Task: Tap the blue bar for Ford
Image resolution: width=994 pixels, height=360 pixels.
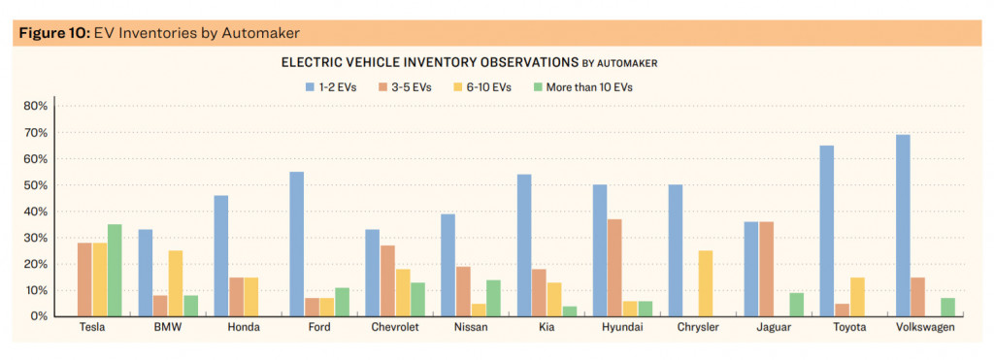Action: pos(297,244)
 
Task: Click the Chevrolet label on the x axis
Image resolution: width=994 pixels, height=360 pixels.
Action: pos(395,328)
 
